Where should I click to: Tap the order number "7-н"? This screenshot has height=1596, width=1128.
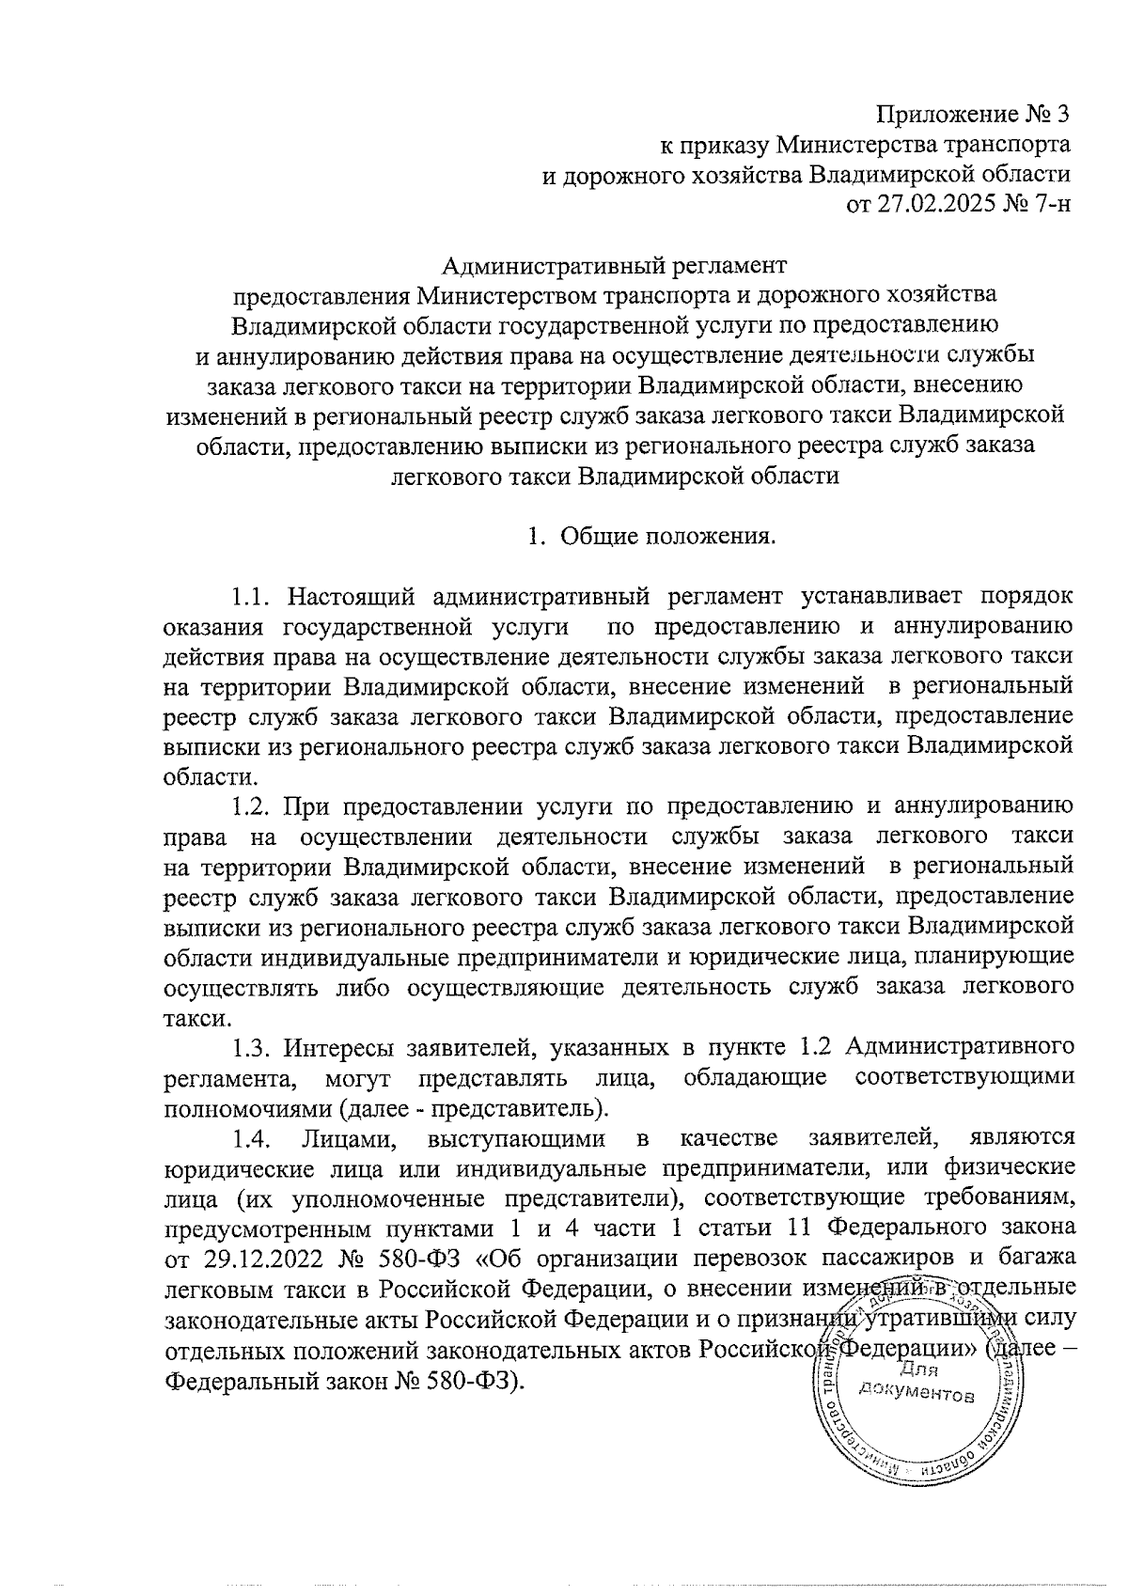click(x=1052, y=203)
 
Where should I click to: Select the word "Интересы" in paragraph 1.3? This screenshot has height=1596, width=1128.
click(x=337, y=1046)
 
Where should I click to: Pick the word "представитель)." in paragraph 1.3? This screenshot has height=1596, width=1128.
click(x=526, y=1106)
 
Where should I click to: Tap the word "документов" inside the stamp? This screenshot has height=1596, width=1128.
click(x=919, y=1394)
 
